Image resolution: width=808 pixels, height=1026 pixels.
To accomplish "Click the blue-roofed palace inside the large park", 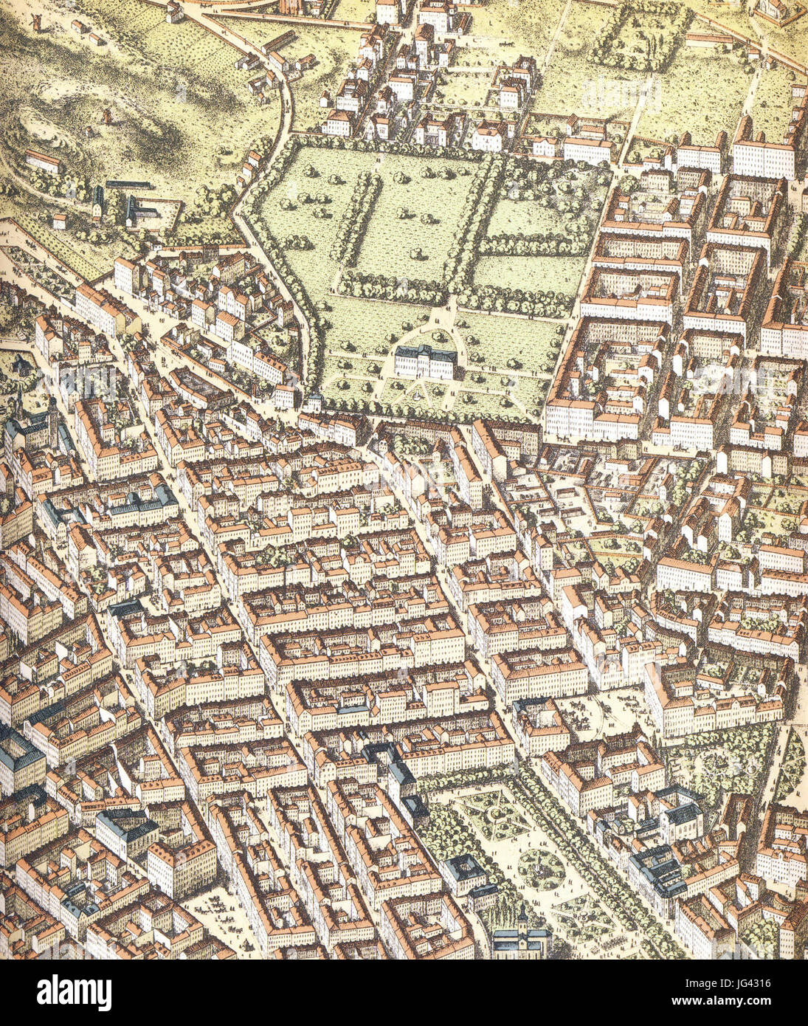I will pyautogui.click(x=426, y=361).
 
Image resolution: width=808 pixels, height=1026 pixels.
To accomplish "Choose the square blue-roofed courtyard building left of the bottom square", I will pyautogui.click(x=463, y=872).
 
